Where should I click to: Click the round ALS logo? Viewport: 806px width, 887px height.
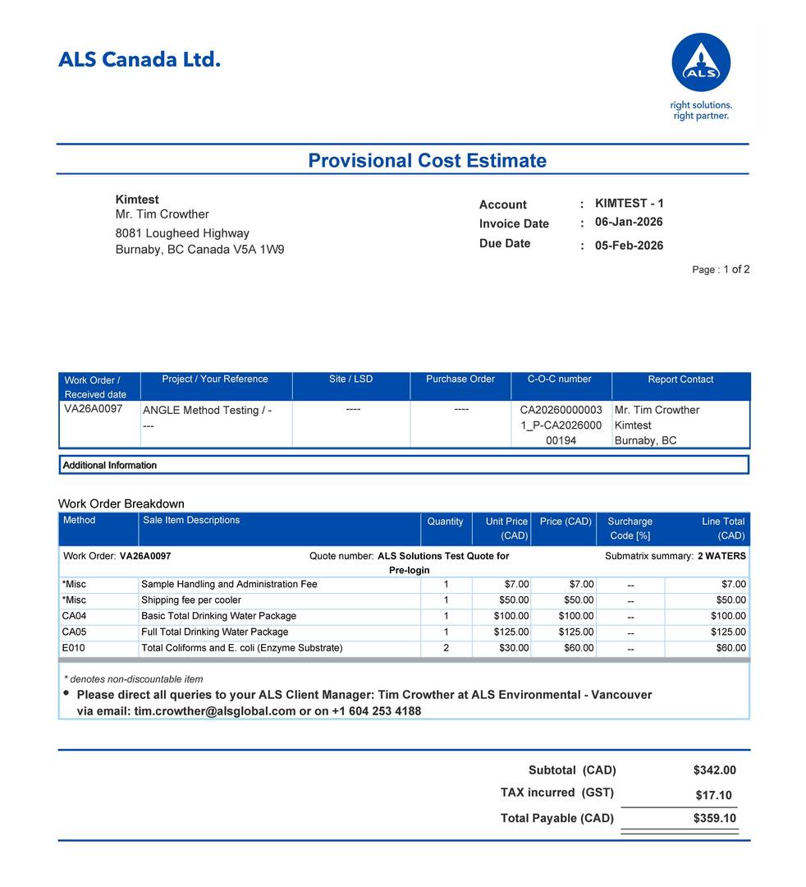(701, 62)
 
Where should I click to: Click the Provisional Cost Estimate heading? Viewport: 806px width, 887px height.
(427, 160)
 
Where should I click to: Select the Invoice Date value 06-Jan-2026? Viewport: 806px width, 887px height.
(629, 222)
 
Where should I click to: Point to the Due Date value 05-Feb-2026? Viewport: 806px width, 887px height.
(629, 246)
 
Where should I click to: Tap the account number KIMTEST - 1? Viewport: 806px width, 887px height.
(630, 203)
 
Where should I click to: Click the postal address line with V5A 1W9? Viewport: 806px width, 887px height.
(199, 250)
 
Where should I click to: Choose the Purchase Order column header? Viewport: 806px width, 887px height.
(460, 379)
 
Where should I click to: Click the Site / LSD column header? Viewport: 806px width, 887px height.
(350, 379)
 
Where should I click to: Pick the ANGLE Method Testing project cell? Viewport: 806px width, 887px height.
(207, 411)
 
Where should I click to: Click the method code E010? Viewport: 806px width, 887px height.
(74, 648)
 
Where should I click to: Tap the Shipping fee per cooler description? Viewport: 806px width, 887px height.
(191, 600)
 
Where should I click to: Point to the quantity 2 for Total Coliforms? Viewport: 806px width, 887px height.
(446, 648)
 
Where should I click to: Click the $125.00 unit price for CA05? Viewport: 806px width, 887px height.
(511, 632)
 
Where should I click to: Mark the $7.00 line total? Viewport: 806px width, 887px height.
(734, 585)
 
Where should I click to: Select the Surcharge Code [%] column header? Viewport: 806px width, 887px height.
(630, 528)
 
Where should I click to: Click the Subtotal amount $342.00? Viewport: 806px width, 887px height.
(714, 770)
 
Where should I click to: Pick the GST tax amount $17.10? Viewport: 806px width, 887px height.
(713, 796)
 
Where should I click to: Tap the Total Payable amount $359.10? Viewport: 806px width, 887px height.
(714, 819)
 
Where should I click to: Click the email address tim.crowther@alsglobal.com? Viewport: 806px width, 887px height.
(214, 711)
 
